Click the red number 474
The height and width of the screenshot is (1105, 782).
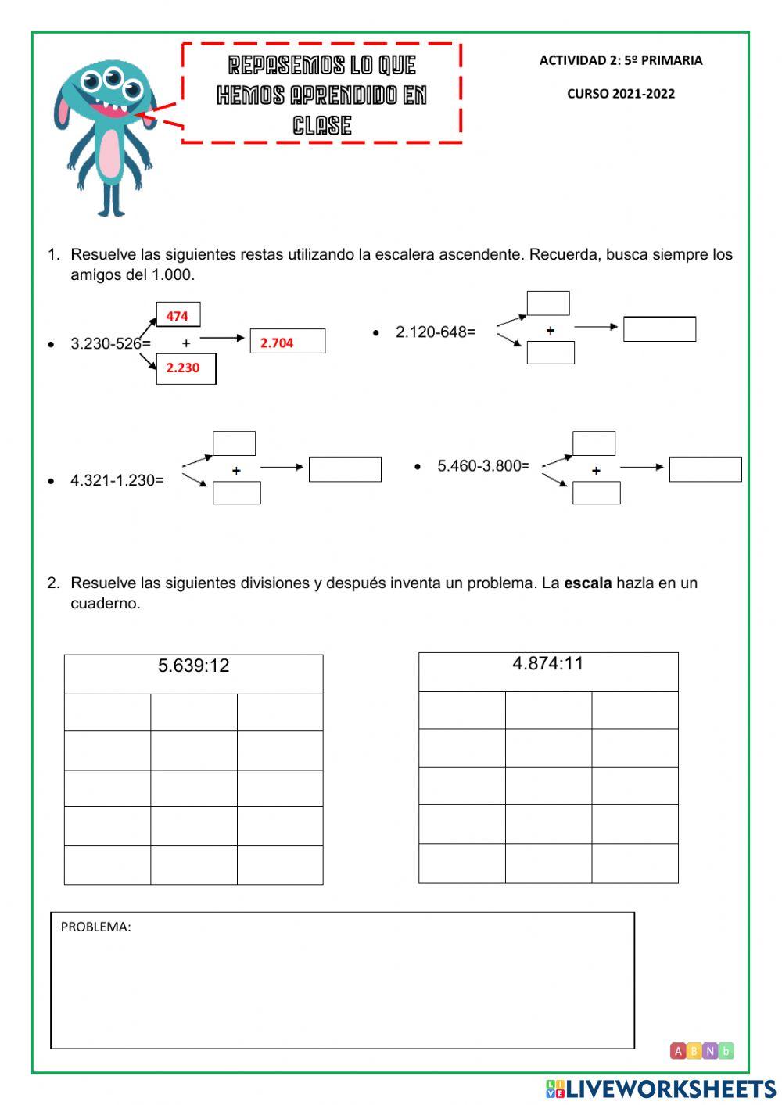pos(177,316)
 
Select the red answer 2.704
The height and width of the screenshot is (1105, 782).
pos(277,343)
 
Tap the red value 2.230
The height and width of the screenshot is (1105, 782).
pos(182,368)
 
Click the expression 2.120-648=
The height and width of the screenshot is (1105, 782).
pos(436,332)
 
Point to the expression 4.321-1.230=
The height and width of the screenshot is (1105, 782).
pos(117,480)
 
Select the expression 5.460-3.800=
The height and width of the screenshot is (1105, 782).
pos(482,465)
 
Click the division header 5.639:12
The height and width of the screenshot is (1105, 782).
pos(193,666)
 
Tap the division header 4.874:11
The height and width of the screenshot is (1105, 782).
pos(547,663)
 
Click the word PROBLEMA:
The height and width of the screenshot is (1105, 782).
pos(95,927)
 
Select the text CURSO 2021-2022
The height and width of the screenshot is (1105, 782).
pos(620,94)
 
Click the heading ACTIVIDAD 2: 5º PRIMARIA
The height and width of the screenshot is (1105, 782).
pos(620,60)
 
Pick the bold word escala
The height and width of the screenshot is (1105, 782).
pos(587,583)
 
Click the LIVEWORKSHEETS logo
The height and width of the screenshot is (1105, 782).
pos(661,1089)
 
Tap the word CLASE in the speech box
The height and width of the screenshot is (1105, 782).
pos(321,125)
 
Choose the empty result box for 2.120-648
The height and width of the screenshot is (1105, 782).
pos(659,329)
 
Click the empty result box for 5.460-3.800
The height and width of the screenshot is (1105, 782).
pos(705,469)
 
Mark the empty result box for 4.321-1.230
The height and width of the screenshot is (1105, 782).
pos(345,469)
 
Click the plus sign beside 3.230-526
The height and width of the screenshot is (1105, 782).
pos(186,343)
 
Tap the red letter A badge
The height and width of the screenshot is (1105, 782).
pos(678,1051)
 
